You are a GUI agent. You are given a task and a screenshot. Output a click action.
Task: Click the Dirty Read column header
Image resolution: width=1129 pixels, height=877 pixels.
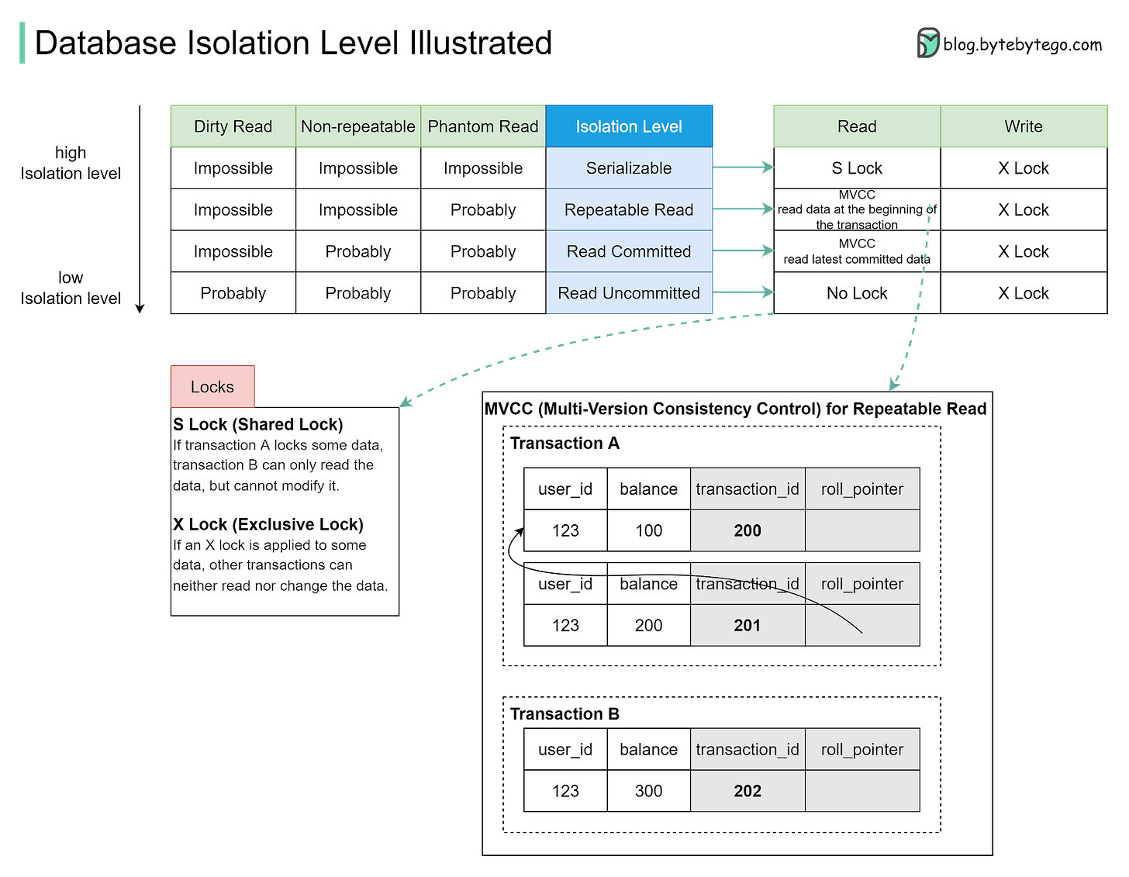click(233, 126)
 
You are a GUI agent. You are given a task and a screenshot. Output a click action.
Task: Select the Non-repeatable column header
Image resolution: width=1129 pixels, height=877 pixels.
click(357, 126)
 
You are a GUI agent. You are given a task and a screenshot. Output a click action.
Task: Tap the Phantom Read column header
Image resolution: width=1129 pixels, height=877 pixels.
click(483, 126)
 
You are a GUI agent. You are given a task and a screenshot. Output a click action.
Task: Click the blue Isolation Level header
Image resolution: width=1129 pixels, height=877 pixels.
click(629, 126)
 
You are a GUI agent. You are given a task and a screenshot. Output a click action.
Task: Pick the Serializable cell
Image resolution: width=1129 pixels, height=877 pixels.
click(629, 168)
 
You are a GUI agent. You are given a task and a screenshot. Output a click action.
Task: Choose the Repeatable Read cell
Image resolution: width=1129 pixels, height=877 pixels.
click(629, 210)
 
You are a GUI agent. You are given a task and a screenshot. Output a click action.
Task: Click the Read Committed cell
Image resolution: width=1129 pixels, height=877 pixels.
click(629, 251)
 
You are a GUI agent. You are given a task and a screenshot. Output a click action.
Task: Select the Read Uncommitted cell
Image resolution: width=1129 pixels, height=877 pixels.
click(629, 293)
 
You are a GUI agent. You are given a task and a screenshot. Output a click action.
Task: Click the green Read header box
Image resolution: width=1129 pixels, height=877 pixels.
click(857, 126)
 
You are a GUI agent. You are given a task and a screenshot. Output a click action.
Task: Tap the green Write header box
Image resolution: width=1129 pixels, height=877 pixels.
click(1024, 126)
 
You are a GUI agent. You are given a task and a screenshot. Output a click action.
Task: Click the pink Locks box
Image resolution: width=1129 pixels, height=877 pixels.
click(212, 386)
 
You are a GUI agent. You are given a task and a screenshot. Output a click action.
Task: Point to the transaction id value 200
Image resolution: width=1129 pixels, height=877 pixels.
click(747, 530)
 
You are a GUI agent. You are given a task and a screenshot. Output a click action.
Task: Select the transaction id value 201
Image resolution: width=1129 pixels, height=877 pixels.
click(747, 625)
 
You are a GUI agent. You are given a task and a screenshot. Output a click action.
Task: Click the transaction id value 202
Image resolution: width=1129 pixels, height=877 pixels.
click(747, 791)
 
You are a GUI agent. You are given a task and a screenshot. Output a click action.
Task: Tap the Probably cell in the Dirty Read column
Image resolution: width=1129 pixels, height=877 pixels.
click(233, 293)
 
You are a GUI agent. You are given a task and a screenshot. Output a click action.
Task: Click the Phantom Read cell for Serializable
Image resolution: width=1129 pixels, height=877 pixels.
click(483, 168)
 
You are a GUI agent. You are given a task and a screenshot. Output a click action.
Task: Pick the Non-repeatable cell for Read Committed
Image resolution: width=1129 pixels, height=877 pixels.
click(357, 251)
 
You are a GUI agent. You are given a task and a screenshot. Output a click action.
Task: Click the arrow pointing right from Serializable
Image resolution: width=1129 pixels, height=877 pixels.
click(744, 167)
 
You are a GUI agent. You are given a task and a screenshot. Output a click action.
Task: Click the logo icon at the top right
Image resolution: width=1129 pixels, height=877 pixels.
click(928, 43)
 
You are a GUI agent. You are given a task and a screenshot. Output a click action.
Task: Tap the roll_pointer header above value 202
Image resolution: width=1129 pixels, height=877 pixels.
click(862, 749)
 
